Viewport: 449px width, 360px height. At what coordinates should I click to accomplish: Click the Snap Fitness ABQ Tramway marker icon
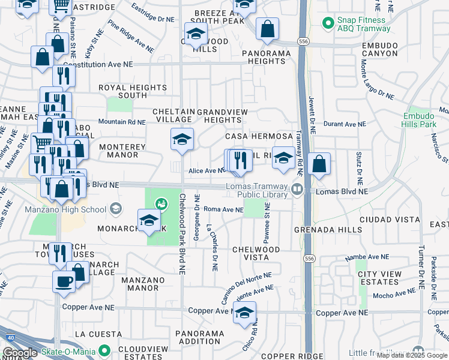(x=328, y=23)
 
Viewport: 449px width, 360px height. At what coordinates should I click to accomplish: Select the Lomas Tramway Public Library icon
(x=297, y=190)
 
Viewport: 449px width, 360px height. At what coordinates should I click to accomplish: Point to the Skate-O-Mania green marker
(x=105, y=350)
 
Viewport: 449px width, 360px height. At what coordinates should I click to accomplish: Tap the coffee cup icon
(x=64, y=281)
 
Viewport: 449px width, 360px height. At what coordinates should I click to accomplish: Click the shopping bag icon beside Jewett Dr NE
(x=319, y=163)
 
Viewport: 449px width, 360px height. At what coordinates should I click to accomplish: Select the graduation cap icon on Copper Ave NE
(x=244, y=312)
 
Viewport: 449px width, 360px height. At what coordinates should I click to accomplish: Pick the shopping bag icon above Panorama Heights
(x=267, y=28)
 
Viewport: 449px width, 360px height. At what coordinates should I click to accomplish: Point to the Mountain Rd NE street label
(x=122, y=122)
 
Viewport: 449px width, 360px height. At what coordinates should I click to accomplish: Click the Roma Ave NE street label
(x=223, y=209)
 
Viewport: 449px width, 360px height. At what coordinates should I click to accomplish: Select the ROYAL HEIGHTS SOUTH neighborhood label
(x=123, y=91)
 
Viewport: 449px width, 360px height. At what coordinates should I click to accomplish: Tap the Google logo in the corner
(x=20, y=353)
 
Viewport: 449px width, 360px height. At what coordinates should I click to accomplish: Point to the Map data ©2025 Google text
(x=412, y=355)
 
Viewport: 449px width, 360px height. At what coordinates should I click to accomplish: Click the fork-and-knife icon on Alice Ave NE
(x=240, y=160)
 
